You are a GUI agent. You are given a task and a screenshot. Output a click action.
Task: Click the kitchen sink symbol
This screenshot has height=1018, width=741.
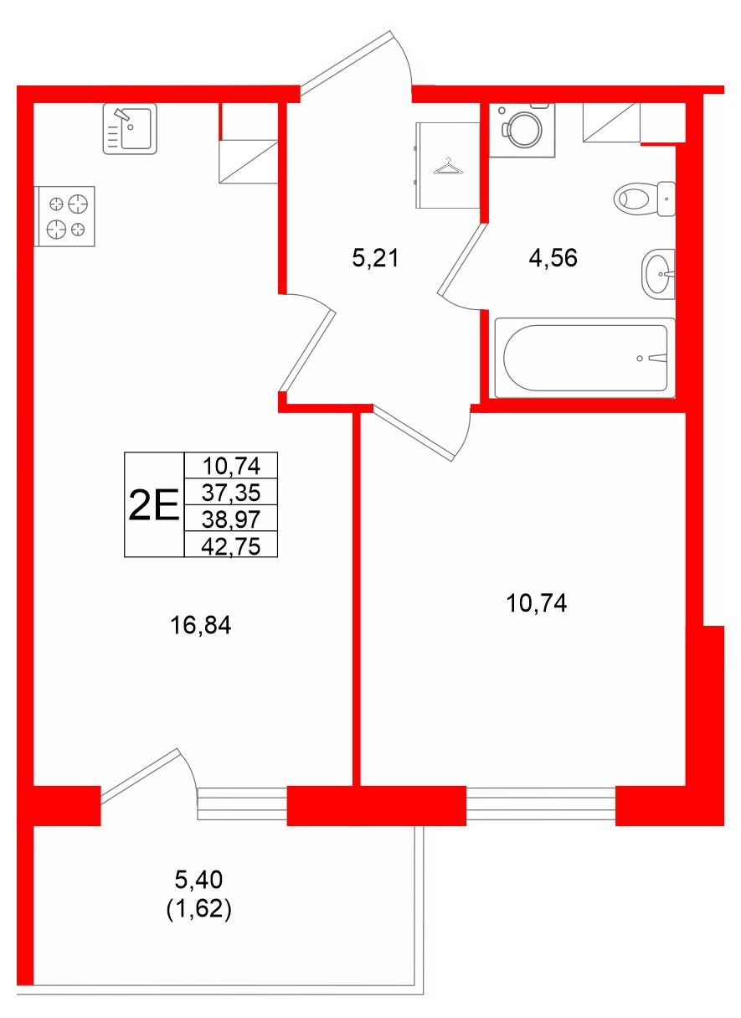pos(130,129)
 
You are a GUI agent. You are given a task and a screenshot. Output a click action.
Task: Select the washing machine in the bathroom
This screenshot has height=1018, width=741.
pos(522,131)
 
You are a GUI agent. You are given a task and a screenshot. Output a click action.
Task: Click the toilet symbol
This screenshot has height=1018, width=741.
pos(644,199)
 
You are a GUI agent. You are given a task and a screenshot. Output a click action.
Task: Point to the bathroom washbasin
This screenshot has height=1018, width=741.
pos(658,274)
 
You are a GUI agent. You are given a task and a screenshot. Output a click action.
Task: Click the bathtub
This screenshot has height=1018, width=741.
pos(584,358)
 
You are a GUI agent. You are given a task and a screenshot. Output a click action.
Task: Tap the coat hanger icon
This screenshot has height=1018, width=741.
pos(448,166)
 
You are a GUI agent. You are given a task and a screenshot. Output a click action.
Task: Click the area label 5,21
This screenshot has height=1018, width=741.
pos(375,259)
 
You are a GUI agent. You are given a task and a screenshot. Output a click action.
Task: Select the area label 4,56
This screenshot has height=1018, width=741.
pos(553,258)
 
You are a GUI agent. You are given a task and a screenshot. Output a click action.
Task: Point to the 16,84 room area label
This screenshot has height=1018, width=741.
pos(201,625)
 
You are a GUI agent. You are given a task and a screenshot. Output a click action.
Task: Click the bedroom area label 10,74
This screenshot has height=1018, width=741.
pos(536,603)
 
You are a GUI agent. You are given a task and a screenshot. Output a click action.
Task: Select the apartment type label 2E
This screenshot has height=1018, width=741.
pos(154,505)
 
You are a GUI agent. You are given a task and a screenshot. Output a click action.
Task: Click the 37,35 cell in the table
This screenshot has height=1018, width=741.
pos(231,492)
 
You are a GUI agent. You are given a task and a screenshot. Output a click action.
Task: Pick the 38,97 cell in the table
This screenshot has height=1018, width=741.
pos(231,519)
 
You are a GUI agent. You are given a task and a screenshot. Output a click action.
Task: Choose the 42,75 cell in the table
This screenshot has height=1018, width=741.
pos(231,545)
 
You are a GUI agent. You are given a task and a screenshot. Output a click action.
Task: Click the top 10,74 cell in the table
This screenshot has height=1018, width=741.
pos(231,466)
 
